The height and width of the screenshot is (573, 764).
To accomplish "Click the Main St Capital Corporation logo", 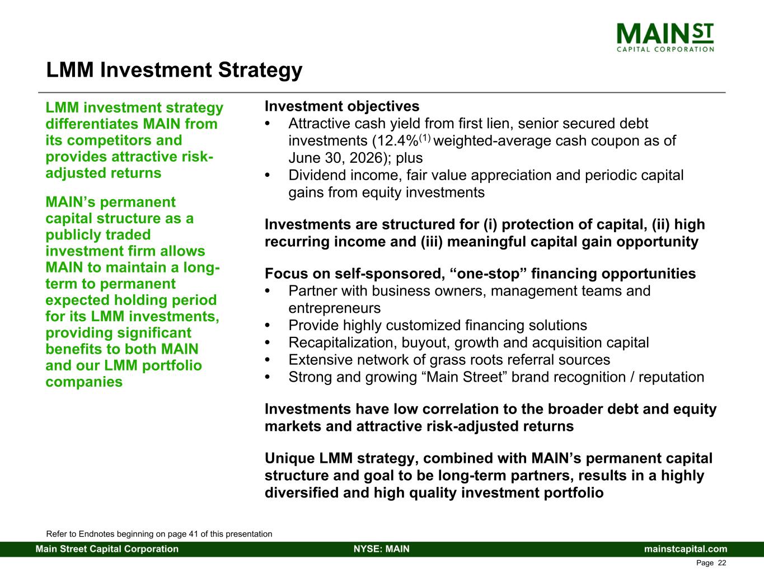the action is [x=665, y=37].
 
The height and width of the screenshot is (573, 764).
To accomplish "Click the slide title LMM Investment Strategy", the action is [x=174, y=70].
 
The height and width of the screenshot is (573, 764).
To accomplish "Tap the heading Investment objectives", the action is [x=342, y=106].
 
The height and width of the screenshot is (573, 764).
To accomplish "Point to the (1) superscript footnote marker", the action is [x=425, y=138].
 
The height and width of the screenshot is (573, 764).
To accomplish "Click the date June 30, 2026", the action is [x=335, y=158].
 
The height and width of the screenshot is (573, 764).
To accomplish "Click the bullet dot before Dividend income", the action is [x=267, y=175].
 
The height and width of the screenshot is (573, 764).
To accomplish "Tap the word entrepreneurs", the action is [x=335, y=308].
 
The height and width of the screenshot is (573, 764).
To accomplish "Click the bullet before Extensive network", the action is [x=267, y=360].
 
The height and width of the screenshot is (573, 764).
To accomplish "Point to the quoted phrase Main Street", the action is [x=465, y=377].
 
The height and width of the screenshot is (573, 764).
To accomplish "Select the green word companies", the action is [x=84, y=382].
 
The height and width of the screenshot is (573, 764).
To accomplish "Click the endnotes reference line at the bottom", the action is [x=159, y=534].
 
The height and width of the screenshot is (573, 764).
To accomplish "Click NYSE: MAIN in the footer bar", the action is [x=382, y=549].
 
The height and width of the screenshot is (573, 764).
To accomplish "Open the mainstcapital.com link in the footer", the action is [x=686, y=549].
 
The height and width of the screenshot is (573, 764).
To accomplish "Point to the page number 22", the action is [x=722, y=563].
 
